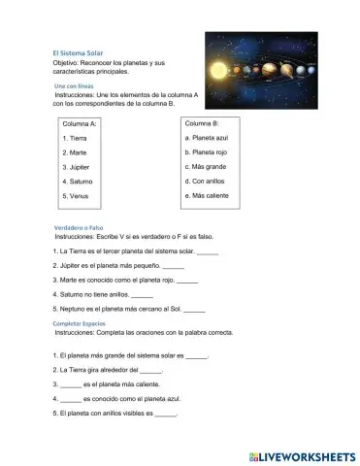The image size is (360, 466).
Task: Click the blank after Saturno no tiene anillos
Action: [x=142, y=294]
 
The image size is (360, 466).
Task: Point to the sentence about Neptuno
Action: [x=116, y=309]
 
